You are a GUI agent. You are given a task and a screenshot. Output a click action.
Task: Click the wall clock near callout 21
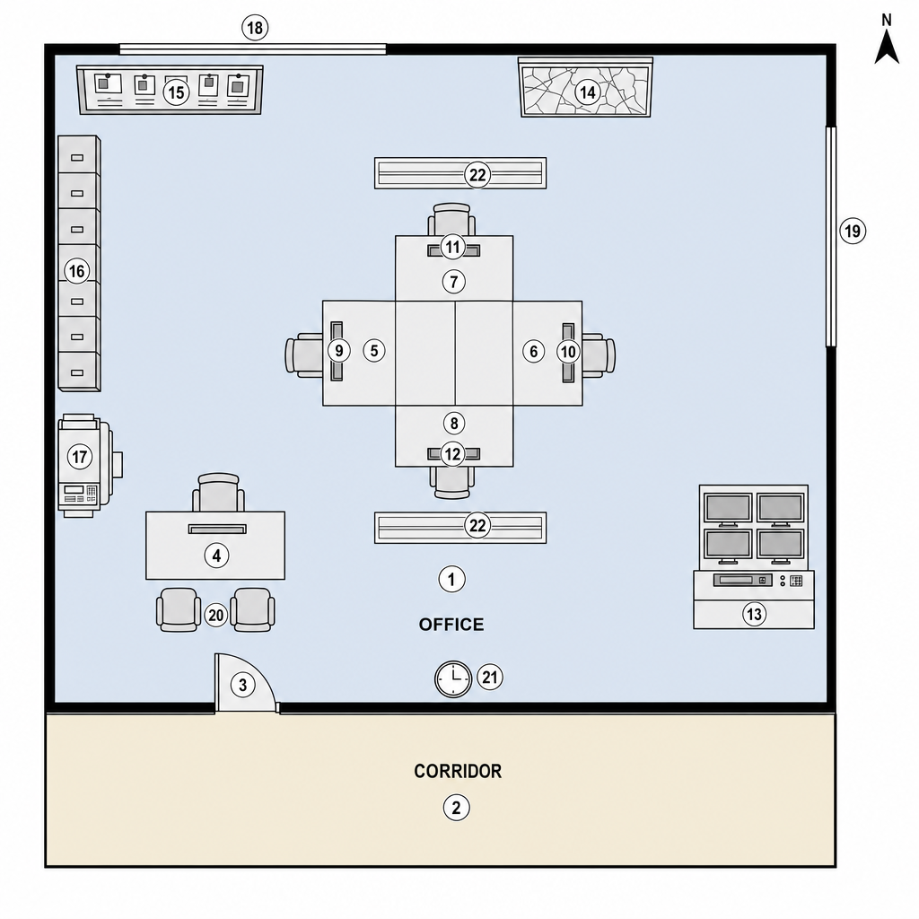pyautogui.click(x=453, y=679)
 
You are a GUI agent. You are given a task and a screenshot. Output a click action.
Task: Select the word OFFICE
pyautogui.click(x=451, y=625)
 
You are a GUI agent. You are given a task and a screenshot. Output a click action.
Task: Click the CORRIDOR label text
pyautogui.click(x=458, y=771)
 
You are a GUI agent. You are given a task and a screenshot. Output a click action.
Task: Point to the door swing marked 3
pyautogui.click(x=245, y=683)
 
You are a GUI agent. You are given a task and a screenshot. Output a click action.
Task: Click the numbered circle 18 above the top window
pyautogui.click(x=255, y=28)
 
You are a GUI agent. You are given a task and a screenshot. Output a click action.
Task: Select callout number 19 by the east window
pyautogui.click(x=853, y=231)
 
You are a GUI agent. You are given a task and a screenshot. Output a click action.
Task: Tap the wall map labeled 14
pyautogui.click(x=585, y=88)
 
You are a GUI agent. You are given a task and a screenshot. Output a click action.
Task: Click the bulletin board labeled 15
pyautogui.click(x=170, y=90)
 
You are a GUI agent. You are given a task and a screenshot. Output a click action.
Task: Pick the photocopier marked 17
pyautogui.click(x=88, y=466)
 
